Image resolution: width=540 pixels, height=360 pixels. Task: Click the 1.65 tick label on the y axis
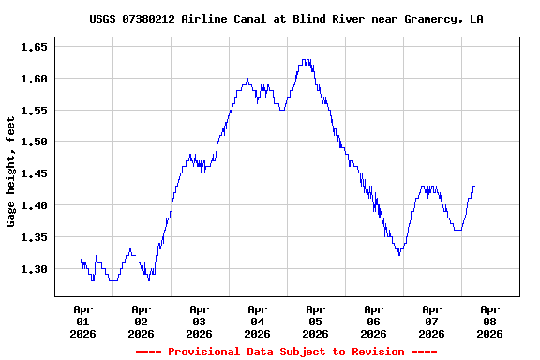pyautogui.click(x=34, y=46)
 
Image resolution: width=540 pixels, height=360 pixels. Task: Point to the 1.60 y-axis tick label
pyautogui.click(x=34, y=78)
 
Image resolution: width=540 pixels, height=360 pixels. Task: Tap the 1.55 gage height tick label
pyautogui.click(x=34, y=110)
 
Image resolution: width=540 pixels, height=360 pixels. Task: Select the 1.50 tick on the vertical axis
pyautogui.click(x=34, y=142)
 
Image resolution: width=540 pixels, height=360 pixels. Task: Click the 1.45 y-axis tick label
pyautogui.click(x=34, y=173)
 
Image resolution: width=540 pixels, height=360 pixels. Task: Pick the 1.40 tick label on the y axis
pyautogui.click(x=34, y=205)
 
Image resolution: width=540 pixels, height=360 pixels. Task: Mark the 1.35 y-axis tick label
pyautogui.click(x=34, y=237)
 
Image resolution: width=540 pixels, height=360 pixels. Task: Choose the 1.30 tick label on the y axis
pyautogui.click(x=34, y=269)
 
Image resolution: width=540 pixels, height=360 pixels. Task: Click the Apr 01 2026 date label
pyautogui.click(x=82, y=321)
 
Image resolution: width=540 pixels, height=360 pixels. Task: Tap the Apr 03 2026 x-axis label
pyautogui.click(x=199, y=321)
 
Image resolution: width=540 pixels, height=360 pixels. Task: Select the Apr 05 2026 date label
pyautogui.click(x=315, y=321)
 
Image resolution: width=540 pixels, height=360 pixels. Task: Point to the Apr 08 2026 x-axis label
pyautogui.click(x=489, y=321)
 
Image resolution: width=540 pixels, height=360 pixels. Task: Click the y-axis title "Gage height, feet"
pyautogui.click(x=11, y=172)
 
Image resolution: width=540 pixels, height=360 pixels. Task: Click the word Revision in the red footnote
pyautogui.click(x=373, y=352)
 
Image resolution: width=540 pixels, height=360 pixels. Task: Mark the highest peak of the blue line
pyautogui.click(x=306, y=60)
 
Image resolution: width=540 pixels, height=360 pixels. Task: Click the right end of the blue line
pyautogui.click(x=474, y=186)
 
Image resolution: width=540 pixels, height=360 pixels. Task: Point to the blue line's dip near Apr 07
pyautogui.click(x=399, y=253)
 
